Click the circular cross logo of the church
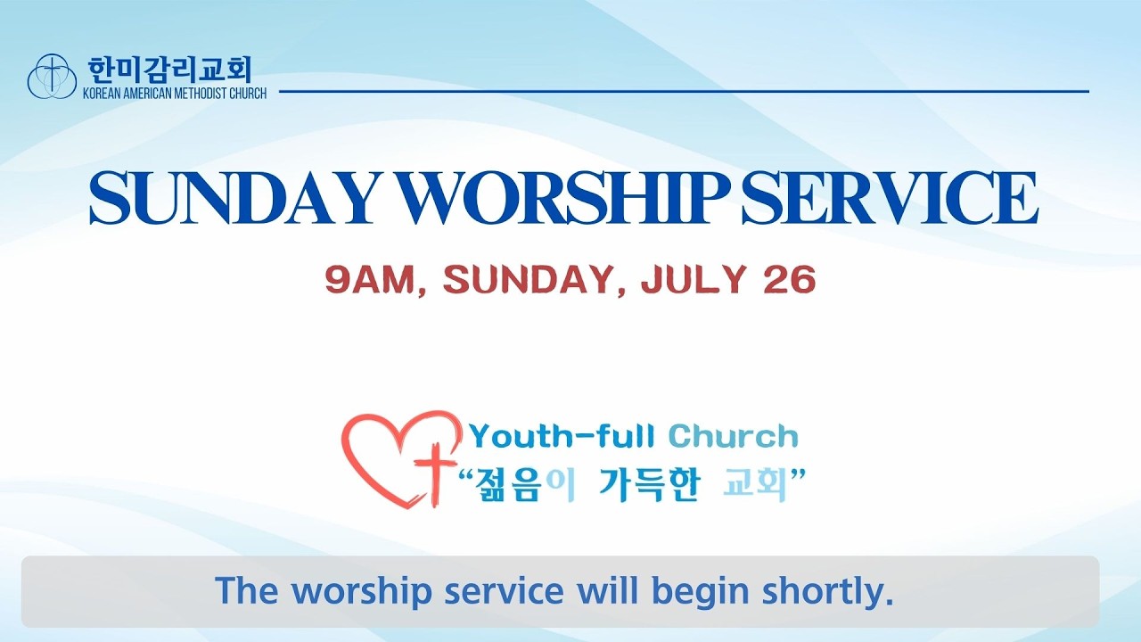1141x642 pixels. click(52, 76)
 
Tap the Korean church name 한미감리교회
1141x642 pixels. click(169, 70)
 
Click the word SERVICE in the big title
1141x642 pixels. click(890, 198)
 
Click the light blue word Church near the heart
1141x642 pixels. click(733, 437)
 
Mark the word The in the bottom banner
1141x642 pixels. click(247, 590)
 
